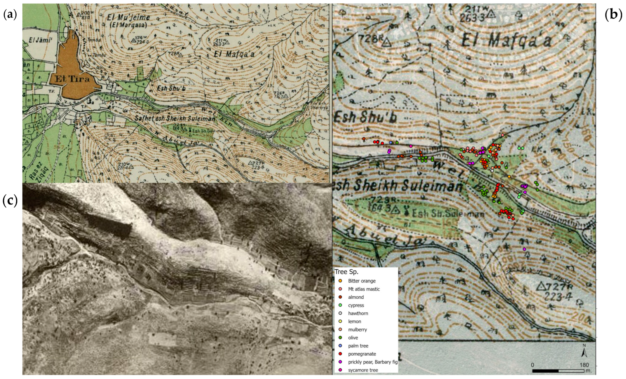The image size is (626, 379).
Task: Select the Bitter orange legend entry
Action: pos(361,281)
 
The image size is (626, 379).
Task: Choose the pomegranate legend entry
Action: pos(362,354)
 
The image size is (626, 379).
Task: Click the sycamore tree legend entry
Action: pos(363,370)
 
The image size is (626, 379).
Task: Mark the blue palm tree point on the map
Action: pos(391,143)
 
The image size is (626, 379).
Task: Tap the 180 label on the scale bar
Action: pos(584,365)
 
